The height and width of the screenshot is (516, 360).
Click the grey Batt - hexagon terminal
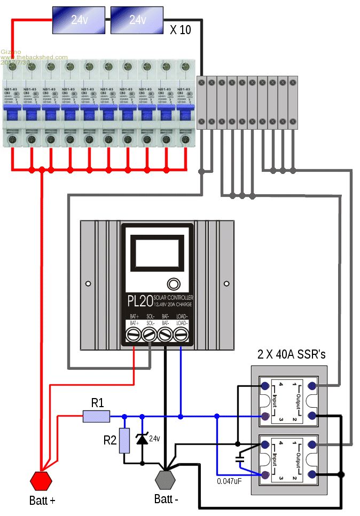(x=166, y=479)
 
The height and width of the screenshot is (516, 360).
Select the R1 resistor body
(x=96, y=416)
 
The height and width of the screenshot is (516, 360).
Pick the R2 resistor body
(x=124, y=440)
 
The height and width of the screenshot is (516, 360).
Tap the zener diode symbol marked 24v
(x=142, y=439)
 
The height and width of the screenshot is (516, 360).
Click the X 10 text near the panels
(x=180, y=30)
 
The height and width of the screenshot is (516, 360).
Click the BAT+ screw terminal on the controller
(x=134, y=335)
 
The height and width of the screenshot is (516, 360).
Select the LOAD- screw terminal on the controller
(x=182, y=335)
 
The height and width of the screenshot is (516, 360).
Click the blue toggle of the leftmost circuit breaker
(x=12, y=114)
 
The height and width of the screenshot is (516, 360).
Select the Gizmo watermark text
(x=11, y=52)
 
